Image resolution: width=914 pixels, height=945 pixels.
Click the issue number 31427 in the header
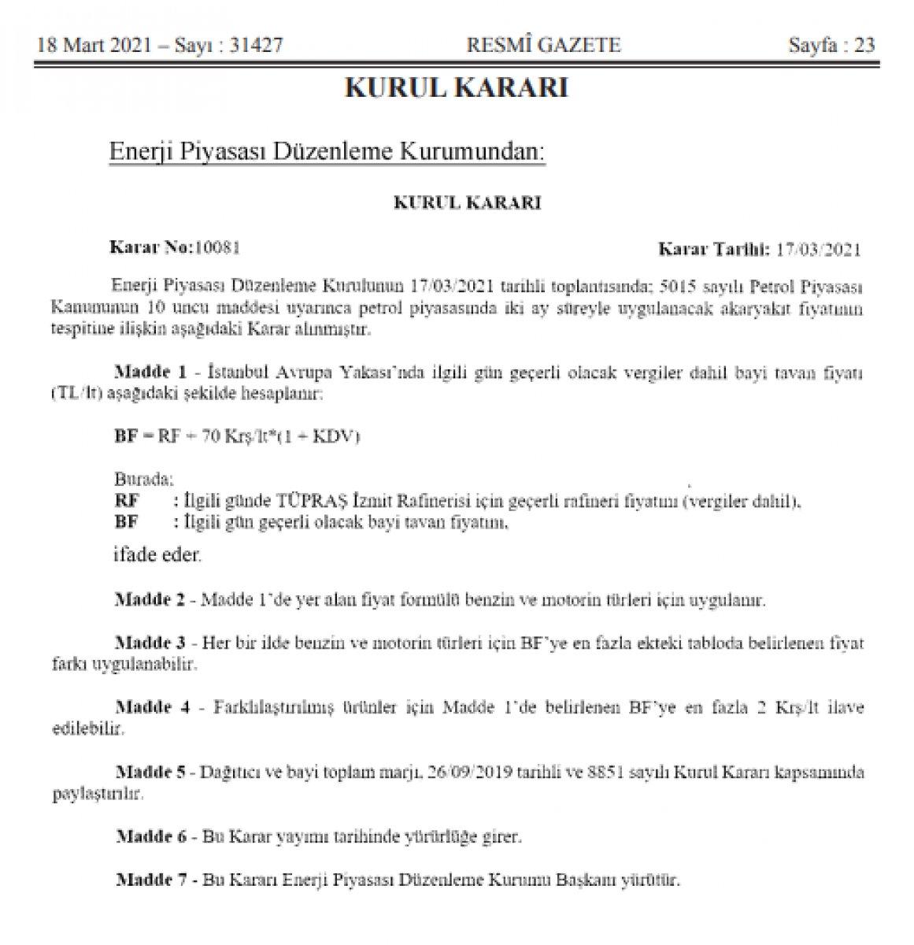click(251, 46)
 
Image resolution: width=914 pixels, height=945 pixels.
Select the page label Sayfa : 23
click(831, 46)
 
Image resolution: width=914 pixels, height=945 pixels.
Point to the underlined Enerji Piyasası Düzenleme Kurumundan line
click(326, 150)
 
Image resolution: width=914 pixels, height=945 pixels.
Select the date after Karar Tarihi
click(819, 250)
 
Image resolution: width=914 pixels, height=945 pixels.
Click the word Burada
click(144, 480)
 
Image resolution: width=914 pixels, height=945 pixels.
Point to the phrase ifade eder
click(156, 555)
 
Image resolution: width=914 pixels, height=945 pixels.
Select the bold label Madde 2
click(150, 599)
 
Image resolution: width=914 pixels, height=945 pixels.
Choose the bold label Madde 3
click(150, 643)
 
